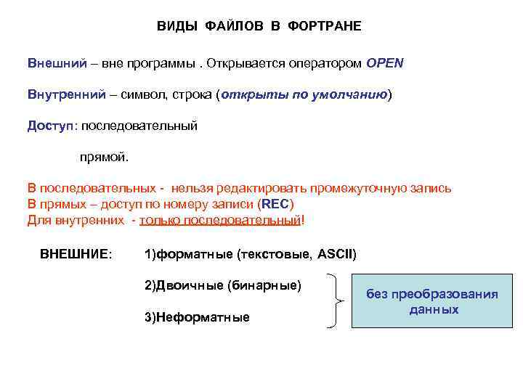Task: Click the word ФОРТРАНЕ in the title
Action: (325, 27)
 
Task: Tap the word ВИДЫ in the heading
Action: (171, 27)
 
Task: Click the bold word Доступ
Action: (50, 126)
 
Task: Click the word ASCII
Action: (336, 254)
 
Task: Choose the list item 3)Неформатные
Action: (197, 317)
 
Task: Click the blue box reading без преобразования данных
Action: (432, 301)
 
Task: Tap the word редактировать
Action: (266, 189)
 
